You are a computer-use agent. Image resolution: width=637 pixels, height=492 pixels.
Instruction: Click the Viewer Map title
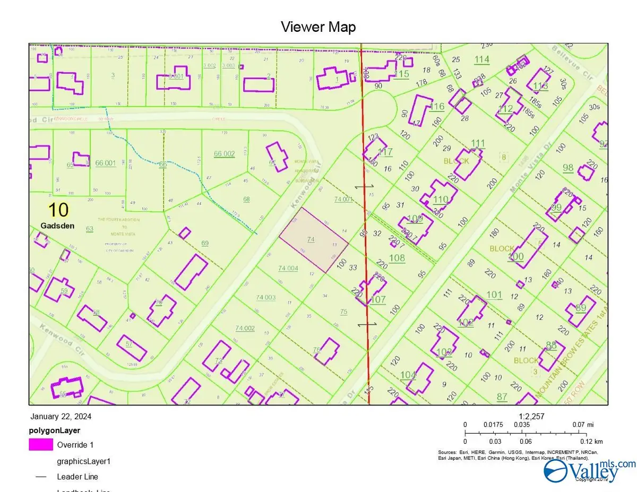(x=318, y=27)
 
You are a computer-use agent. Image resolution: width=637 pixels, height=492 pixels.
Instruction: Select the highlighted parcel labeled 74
(x=313, y=240)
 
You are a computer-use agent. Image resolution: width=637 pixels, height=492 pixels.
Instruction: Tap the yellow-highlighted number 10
(x=58, y=210)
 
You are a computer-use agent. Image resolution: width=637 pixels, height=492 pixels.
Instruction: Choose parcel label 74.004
(x=288, y=268)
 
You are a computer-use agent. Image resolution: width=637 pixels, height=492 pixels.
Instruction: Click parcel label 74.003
(x=265, y=297)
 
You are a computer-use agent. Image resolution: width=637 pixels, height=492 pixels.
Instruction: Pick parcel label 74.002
(x=245, y=329)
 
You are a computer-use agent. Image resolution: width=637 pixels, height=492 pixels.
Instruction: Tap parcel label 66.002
(x=224, y=154)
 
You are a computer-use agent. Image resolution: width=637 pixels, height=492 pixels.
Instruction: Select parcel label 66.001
(x=106, y=163)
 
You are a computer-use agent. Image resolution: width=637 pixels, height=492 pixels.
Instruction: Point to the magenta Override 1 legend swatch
(x=41, y=445)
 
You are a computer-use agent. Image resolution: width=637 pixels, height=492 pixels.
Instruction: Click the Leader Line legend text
(x=77, y=477)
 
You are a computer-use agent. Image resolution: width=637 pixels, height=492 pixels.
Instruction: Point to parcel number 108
(x=397, y=258)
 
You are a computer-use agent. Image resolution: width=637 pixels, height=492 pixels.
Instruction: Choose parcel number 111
(x=478, y=143)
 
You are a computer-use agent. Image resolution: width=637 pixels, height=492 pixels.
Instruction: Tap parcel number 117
(x=385, y=153)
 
